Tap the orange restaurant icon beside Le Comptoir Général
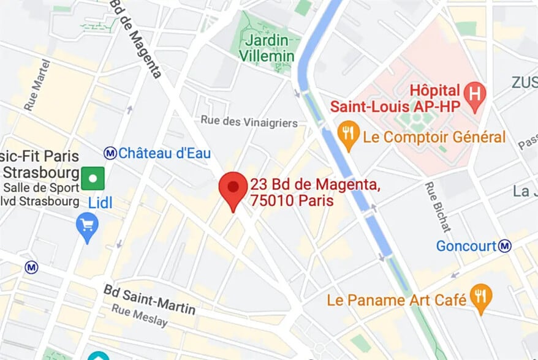(x=348, y=135)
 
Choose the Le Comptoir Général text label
(x=434, y=137)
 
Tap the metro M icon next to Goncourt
(x=505, y=246)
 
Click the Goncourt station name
(x=466, y=246)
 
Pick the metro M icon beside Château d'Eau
(x=110, y=152)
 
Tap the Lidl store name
(x=100, y=203)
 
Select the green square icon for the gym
(x=93, y=179)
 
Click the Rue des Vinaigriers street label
(x=249, y=122)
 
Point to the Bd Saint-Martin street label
(x=150, y=299)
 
